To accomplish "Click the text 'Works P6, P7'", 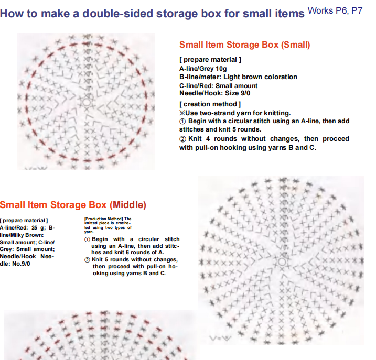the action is pos(335,11).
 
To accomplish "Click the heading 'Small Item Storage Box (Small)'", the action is pos(244,45).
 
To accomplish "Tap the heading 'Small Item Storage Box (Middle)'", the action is pos(73,205).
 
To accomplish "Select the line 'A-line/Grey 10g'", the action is pos(203,69).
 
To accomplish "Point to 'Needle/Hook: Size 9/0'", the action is pos(214,93).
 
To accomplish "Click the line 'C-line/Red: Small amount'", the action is pos(218,86).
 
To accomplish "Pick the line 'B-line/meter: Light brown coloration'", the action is pos(238,77).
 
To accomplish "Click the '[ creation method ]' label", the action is pos(210,104).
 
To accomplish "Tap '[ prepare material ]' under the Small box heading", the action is pos(210,60).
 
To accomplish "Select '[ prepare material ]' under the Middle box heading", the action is pos(24,221).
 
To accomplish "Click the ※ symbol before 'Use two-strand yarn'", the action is pos(182,113).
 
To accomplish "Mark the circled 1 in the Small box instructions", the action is pos(182,122).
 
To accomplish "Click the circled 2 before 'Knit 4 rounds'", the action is pos(182,139).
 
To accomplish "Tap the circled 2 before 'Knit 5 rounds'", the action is pos(87,260).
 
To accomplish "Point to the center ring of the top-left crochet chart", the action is pos(87,102).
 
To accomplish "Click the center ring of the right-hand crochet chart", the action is pos(282,261).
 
